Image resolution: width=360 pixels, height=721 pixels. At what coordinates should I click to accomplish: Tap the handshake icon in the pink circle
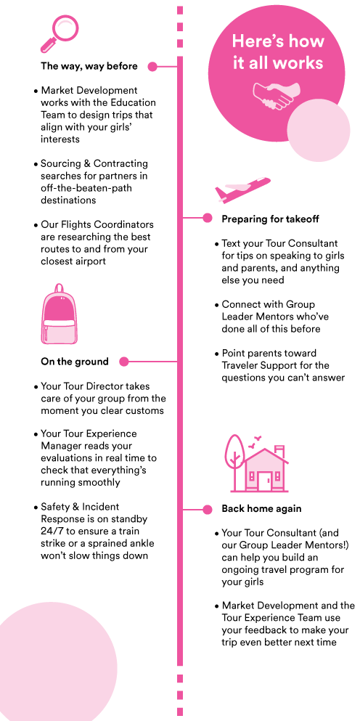[x=273, y=95]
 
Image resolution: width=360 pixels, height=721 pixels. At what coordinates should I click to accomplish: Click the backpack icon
[x=59, y=314]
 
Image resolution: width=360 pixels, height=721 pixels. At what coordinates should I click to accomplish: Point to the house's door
[x=263, y=481]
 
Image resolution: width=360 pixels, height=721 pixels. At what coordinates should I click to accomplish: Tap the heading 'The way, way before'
[x=89, y=66]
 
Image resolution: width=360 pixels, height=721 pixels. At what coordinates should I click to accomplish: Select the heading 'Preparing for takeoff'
[x=270, y=219]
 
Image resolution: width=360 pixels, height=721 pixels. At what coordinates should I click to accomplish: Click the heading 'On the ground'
[x=75, y=362]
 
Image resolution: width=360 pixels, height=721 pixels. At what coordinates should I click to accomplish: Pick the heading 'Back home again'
[x=261, y=508]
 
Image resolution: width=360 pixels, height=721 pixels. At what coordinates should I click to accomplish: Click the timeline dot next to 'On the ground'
[x=123, y=362]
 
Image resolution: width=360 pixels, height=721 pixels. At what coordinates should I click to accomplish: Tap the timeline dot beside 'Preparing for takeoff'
[x=208, y=218]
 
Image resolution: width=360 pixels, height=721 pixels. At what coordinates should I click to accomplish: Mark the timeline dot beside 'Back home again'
[x=208, y=509]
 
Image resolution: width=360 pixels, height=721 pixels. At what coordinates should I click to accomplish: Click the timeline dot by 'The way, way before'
[x=152, y=67]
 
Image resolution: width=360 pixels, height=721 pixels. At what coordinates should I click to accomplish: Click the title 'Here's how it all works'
[x=278, y=52]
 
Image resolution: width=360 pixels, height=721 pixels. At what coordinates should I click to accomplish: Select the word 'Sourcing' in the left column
[x=60, y=164]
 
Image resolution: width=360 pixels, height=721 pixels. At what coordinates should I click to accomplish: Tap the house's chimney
[x=279, y=449]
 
